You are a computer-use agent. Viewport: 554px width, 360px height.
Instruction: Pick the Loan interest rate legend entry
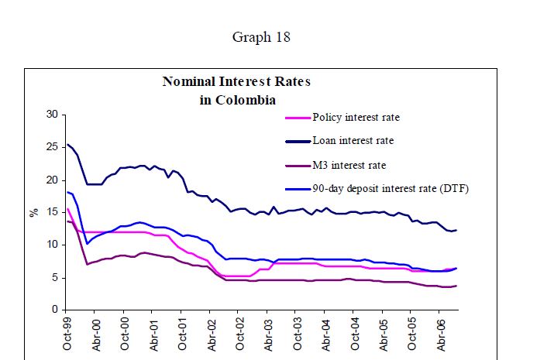pyautogui.click(x=353, y=141)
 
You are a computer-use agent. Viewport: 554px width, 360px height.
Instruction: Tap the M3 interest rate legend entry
pyautogui.click(x=348, y=164)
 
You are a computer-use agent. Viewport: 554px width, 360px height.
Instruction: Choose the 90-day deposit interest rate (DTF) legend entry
pyautogui.click(x=391, y=187)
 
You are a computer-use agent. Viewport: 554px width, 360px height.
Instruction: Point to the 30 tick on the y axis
pyautogui.click(x=52, y=115)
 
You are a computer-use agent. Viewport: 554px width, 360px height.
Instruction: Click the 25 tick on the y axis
pyautogui.click(x=52, y=147)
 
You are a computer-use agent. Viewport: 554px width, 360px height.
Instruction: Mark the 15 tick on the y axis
pyautogui.click(x=52, y=212)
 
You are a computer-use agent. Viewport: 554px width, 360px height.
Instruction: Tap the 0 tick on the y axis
pyautogui.click(x=54, y=310)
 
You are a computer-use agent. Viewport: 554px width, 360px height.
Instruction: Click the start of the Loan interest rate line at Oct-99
pyautogui.click(x=67, y=145)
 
